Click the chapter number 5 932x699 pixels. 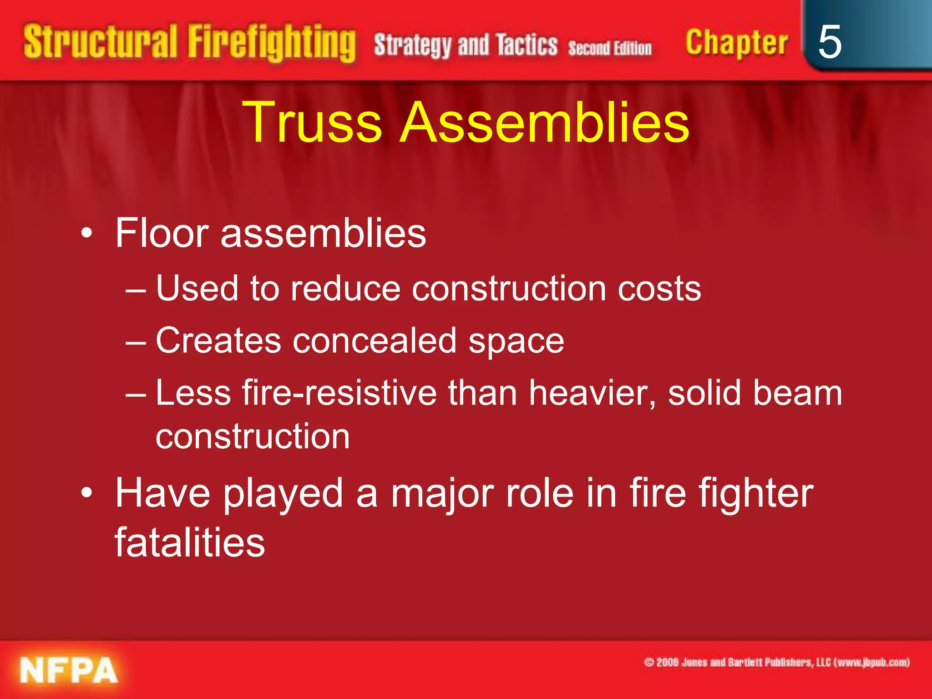829,42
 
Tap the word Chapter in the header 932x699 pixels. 736,43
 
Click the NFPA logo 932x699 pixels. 68,671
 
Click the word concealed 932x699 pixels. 374,341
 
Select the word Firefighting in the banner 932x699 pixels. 272,43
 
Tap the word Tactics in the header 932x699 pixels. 527,46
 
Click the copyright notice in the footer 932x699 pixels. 776,662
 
